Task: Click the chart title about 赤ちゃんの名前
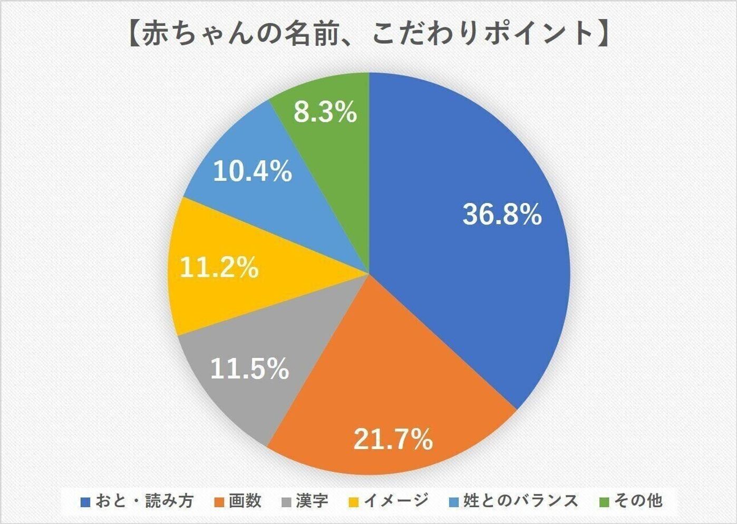point(368,34)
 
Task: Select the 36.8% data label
point(502,215)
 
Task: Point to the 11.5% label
point(249,368)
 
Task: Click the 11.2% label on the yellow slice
point(219,267)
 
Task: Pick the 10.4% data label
point(252,171)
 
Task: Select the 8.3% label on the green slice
point(325,112)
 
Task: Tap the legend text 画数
point(245,500)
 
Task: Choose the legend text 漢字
point(312,500)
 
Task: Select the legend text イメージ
point(396,500)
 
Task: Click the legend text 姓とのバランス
point(520,500)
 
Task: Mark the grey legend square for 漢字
point(287,501)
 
